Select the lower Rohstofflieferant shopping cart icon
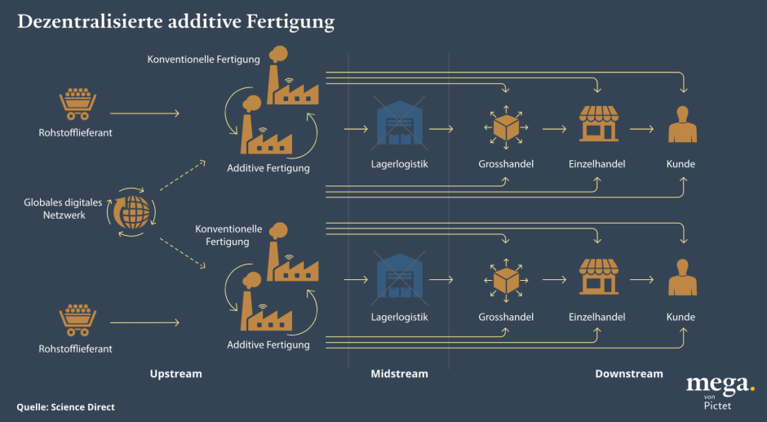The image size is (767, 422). coord(78,320)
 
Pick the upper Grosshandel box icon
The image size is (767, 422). coord(506,127)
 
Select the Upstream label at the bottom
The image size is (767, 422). coord(175,374)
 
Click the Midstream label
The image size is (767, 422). coord(399,374)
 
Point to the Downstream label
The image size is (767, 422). coord(629,374)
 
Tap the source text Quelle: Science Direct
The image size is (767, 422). coord(66,406)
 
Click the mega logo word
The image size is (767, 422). coord(718,384)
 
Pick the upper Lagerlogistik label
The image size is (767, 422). coord(399,164)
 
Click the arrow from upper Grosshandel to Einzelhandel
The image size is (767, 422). coord(554,129)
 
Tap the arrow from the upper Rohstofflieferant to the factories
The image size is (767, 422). coord(144,113)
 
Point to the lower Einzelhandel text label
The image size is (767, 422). coord(597,317)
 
